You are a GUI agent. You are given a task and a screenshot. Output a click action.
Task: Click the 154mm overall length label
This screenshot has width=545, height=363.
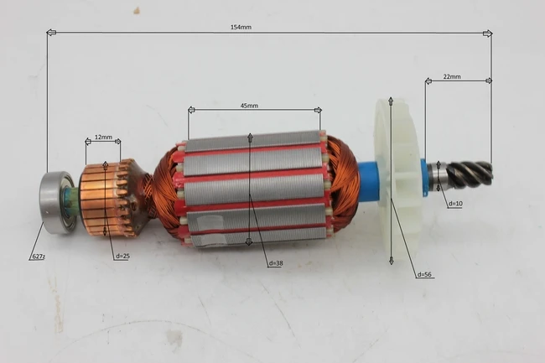coord(241,27)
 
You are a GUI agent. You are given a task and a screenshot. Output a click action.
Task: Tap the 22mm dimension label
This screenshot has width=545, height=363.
coord(452,76)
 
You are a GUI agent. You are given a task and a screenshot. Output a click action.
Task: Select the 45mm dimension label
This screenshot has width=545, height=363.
coord(249,106)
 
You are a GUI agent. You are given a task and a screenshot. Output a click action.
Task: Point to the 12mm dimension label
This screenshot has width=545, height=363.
coord(103,137)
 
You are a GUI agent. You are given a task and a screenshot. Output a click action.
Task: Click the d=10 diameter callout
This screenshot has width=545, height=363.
coord(455,204)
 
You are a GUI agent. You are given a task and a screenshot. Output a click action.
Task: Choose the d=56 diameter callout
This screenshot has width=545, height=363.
coord(424,274)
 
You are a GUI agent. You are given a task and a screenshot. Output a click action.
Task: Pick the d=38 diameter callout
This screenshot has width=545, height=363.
coord(276,263)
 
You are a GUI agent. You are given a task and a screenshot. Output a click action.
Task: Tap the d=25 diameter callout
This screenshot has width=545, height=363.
coord(122,256)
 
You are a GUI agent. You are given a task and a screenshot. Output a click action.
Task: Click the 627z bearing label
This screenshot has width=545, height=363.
coord(38,257)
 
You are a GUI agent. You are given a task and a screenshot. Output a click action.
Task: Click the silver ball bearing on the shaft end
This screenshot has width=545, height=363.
coord(55,201)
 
